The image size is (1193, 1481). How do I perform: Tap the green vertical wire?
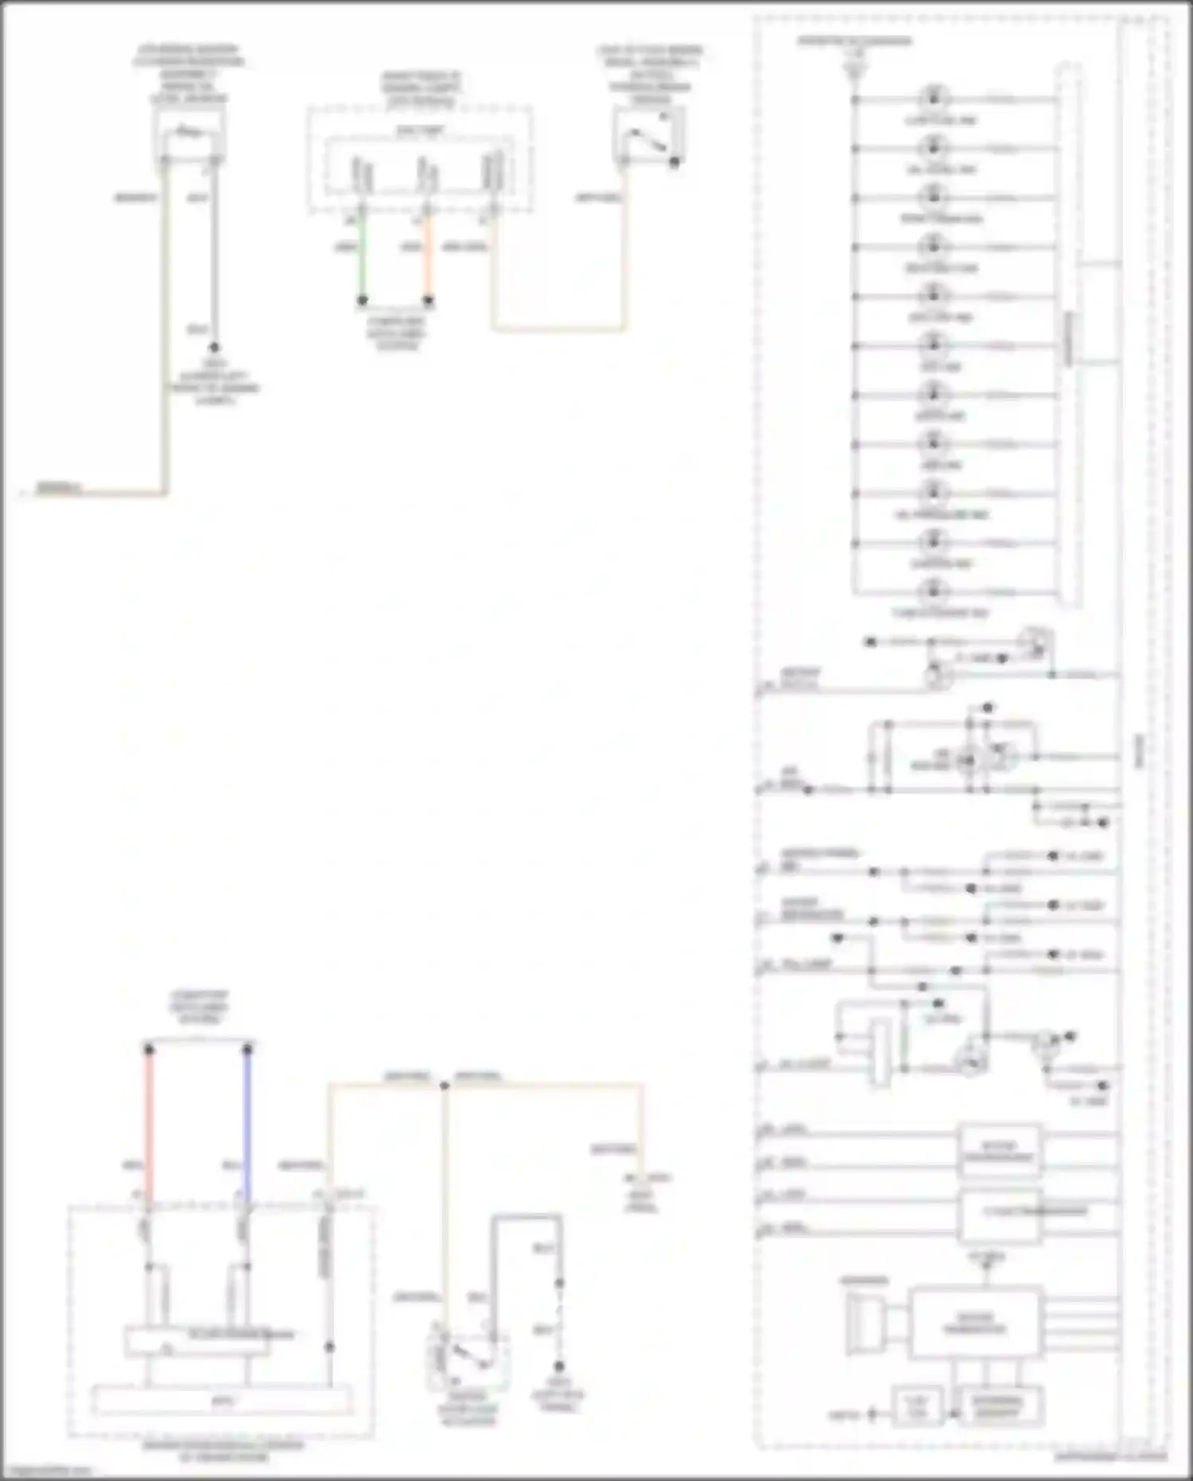[363, 255]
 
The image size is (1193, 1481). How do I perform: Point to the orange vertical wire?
[428, 255]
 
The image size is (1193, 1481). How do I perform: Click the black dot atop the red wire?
[149, 1050]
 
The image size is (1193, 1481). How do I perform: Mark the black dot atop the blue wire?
[247, 1050]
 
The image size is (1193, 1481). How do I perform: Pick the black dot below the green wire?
[363, 301]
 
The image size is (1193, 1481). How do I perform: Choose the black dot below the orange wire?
[428, 301]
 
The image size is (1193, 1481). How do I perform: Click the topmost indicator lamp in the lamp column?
[934, 99]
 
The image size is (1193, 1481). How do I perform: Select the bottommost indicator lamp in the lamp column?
[934, 591]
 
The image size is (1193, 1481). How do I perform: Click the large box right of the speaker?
[974, 1323]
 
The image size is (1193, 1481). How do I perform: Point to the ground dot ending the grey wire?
[213, 348]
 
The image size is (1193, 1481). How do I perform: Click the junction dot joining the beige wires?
[445, 1085]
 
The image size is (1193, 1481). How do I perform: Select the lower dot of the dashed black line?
[559, 1366]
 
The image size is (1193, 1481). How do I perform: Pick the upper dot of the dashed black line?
[559, 1283]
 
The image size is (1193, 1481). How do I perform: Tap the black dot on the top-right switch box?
[674, 162]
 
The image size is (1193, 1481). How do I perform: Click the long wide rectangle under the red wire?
[223, 1400]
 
